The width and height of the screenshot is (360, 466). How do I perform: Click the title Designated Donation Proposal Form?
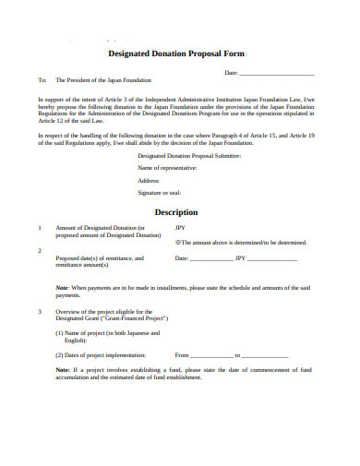[180, 54]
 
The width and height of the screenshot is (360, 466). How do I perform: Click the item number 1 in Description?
[39, 227]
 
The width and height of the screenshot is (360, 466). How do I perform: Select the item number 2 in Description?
[39, 250]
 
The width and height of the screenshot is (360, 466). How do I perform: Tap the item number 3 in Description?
[39, 311]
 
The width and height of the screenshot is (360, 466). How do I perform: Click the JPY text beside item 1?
[180, 227]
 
